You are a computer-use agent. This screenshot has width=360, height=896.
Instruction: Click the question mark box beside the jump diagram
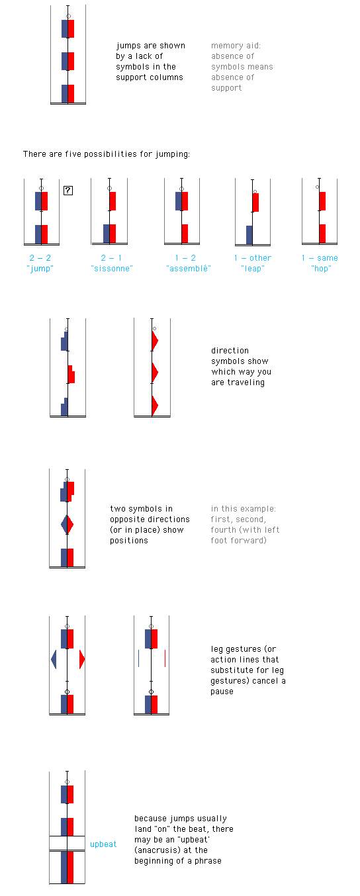(x=68, y=191)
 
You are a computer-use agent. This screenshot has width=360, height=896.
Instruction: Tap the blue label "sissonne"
(x=112, y=269)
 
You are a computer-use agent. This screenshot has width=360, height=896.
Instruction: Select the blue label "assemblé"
(x=189, y=269)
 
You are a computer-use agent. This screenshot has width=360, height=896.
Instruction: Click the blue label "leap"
(x=253, y=269)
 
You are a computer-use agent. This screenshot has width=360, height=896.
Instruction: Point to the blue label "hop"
(x=321, y=269)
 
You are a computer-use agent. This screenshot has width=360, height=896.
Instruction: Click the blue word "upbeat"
(x=103, y=844)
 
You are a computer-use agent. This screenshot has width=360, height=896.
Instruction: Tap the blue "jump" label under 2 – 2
(x=40, y=269)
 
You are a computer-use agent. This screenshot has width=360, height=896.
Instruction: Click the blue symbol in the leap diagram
(x=249, y=235)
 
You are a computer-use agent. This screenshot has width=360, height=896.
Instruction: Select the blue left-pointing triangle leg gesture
(x=54, y=659)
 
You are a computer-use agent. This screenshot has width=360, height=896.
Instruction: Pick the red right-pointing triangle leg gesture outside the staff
(x=82, y=659)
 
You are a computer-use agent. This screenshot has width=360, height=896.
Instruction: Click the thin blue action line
(x=138, y=658)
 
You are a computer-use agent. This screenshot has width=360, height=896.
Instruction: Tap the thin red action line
(x=165, y=658)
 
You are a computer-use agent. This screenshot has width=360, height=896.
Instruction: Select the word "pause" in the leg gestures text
(x=222, y=692)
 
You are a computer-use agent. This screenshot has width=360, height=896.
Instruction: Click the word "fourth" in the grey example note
(x=223, y=530)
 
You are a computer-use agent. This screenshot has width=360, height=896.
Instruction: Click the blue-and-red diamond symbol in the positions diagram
(x=67, y=524)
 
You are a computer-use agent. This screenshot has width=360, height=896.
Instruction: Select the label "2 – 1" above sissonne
(x=111, y=258)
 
